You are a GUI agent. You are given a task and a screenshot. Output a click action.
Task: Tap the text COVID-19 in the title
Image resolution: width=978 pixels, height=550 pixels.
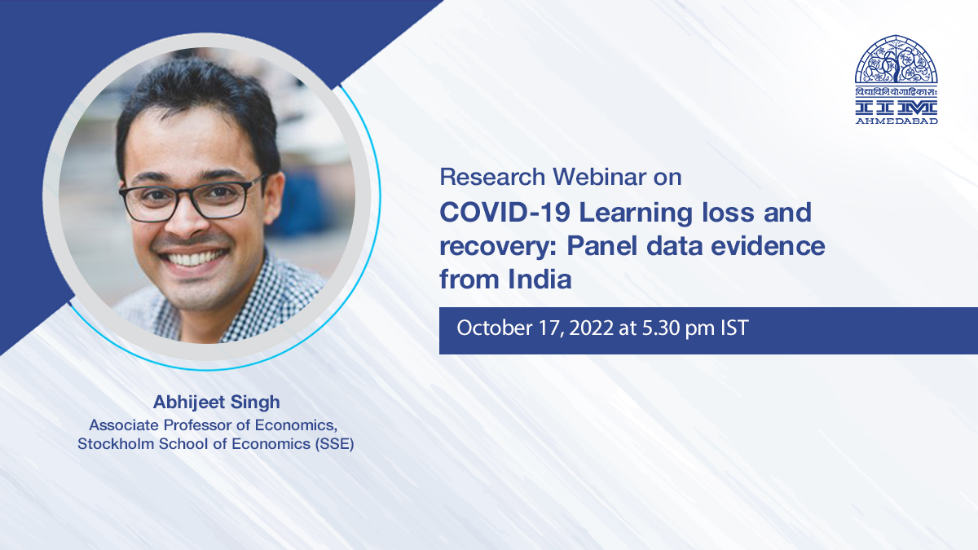[504, 213]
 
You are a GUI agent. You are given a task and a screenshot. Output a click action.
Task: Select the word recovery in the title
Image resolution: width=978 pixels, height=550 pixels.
[497, 247]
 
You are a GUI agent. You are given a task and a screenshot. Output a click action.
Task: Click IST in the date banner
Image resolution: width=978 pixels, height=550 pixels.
[734, 328]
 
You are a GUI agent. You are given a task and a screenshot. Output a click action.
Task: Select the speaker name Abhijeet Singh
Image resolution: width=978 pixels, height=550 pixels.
[217, 403]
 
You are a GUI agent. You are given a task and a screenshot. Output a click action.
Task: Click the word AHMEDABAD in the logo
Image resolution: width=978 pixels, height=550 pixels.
[896, 121]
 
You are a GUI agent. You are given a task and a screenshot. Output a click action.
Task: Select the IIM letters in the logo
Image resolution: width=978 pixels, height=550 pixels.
[896, 108]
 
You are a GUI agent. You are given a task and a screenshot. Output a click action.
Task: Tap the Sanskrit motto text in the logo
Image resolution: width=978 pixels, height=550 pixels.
[896, 91]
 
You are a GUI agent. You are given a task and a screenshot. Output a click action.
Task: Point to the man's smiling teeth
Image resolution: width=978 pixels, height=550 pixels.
[193, 257]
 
